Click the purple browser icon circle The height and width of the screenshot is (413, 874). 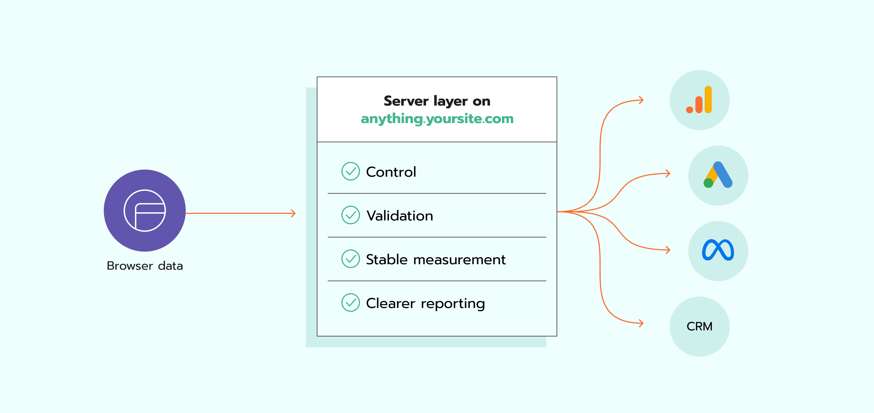[x=144, y=210]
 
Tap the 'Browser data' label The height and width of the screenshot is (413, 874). [x=144, y=266]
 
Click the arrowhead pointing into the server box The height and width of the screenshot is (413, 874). [x=293, y=213]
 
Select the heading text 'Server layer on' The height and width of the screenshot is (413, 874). [x=437, y=101]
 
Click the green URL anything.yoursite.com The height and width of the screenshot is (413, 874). [x=437, y=119]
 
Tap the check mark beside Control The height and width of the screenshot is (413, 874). [x=350, y=171]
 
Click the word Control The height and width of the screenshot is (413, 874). [x=391, y=172]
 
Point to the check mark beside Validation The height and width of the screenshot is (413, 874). [x=350, y=215]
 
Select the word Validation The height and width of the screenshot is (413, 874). [x=400, y=216]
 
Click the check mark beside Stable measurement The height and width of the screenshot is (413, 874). [x=350, y=259]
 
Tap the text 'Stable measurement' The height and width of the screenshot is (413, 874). [x=436, y=260]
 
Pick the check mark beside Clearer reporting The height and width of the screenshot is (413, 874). [x=350, y=303]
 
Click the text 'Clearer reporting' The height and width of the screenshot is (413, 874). [x=426, y=303]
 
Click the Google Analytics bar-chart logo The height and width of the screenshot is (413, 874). [x=699, y=100]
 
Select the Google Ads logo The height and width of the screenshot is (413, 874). [x=718, y=175]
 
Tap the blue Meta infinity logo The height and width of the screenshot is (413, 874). [x=718, y=250]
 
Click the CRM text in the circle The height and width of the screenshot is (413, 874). [x=699, y=326]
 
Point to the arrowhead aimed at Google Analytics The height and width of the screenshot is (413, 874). [x=641, y=100]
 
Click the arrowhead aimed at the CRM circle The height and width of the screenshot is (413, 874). [x=641, y=323]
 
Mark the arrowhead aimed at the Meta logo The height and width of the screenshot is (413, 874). [x=668, y=250]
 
